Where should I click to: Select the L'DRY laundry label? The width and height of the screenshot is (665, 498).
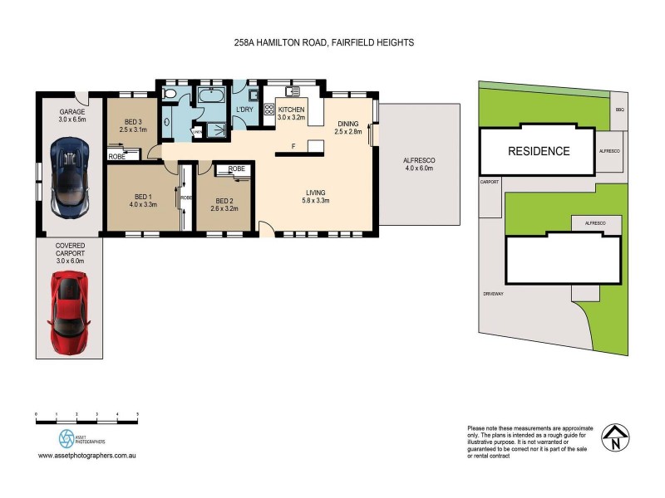pyautogui.click(x=244, y=110)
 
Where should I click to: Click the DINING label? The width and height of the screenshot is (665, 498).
pyautogui.click(x=349, y=126)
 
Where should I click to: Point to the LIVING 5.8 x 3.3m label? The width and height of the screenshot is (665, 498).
pyautogui.click(x=315, y=196)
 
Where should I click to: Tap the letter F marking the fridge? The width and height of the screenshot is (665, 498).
pyautogui.click(x=293, y=147)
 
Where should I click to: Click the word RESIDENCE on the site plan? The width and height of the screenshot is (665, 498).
pyautogui.click(x=539, y=151)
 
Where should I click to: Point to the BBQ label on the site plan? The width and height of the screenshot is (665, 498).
pyautogui.click(x=619, y=110)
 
